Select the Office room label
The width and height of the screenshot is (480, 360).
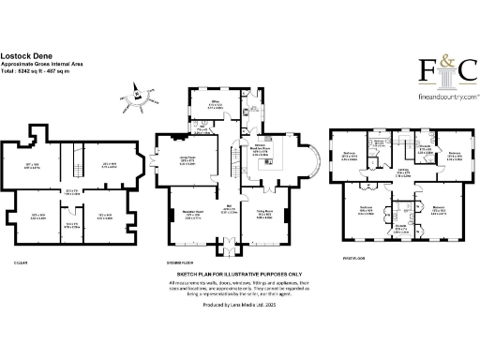click(214, 106)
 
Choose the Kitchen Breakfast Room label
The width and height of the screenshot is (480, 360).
click(259, 150)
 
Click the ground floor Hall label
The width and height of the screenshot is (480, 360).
click(229, 211)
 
